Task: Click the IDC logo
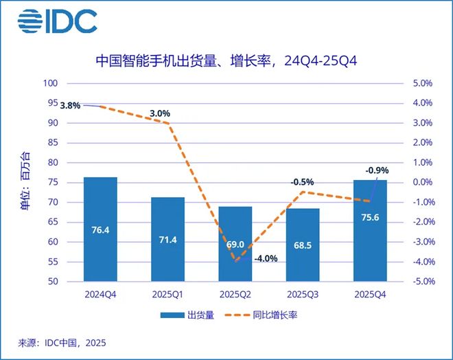click(x=58, y=22)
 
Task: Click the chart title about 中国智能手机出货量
click(x=226, y=63)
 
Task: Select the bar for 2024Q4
click(x=100, y=229)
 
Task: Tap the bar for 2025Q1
click(x=167, y=239)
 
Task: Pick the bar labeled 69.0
click(x=235, y=244)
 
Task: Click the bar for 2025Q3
click(x=303, y=245)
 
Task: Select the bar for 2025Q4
click(x=370, y=230)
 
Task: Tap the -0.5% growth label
click(x=302, y=182)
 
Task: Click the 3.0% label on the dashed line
click(x=159, y=113)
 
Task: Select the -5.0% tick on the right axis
click(x=420, y=282)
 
